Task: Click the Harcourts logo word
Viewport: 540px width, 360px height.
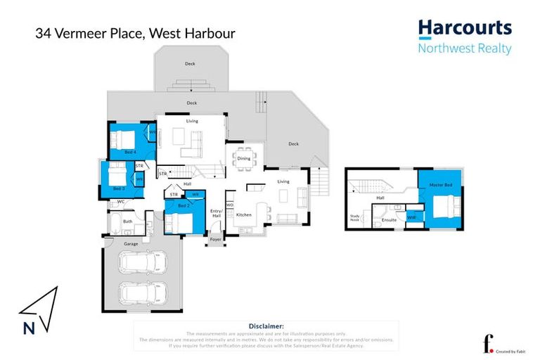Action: tap(465, 29)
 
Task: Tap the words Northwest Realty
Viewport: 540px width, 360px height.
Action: tap(465, 49)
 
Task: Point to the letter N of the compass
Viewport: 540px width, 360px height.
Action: tap(28, 327)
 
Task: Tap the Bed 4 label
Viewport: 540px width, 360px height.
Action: tap(129, 152)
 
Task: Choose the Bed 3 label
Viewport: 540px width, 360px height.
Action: tap(119, 188)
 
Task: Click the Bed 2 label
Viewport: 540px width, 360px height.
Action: tap(183, 205)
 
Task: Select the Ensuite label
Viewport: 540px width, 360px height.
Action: tap(389, 220)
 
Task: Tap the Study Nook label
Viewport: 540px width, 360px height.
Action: tap(354, 218)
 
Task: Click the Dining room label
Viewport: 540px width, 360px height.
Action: tap(243, 158)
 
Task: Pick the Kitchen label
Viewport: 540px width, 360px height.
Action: tap(243, 214)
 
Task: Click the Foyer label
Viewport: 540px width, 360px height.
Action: tap(216, 239)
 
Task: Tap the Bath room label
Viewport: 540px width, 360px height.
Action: tap(127, 221)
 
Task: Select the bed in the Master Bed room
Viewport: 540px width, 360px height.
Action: tap(443, 208)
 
